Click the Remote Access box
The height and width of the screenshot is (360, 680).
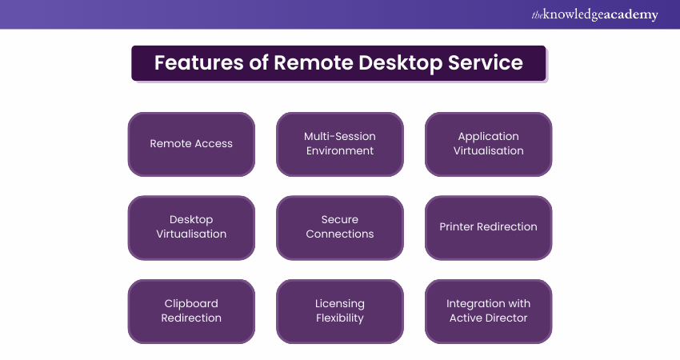pyautogui.click(x=191, y=144)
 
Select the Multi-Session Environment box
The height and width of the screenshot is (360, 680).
pyautogui.click(x=340, y=144)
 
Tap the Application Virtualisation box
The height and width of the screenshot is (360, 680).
pyautogui.click(x=488, y=144)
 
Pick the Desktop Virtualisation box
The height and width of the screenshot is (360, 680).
pyautogui.click(x=191, y=227)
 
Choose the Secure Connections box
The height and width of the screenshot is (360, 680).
pyautogui.click(x=340, y=227)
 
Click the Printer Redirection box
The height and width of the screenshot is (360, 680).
pyautogui.click(x=488, y=227)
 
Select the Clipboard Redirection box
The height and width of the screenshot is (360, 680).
pyautogui.click(x=191, y=311)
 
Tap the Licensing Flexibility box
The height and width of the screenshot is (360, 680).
pyautogui.click(x=340, y=311)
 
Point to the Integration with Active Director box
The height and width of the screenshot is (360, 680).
pyautogui.click(x=488, y=311)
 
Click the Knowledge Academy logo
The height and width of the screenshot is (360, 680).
pyautogui.click(x=594, y=14)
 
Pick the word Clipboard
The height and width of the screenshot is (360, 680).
pyautogui.click(x=191, y=303)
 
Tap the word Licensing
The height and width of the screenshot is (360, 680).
pyautogui.click(x=340, y=303)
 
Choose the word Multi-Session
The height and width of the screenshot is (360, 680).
pyautogui.click(x=340, y=136)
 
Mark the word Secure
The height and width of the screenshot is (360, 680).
pyautogui.click(x=340, y=219)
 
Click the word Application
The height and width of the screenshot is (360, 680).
pyautogui.click(x=488, y=136)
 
